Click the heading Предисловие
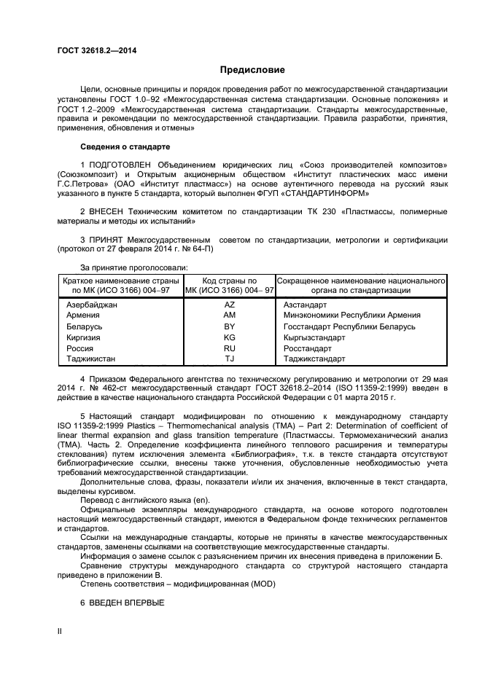(252, 70)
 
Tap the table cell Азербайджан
(92, 305)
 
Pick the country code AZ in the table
(230, 305)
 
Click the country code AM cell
(230, 315)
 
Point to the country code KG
(230, 337)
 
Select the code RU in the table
(230, 348)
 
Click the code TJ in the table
(230, 359)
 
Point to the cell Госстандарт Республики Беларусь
(349, 326)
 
